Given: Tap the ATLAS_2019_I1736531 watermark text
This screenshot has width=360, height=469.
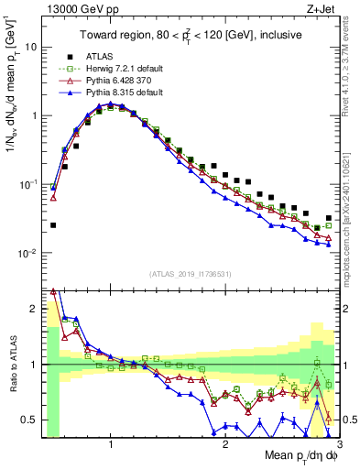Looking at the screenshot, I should (190, 274).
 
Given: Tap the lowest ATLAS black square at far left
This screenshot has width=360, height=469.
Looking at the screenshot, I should (53, 224).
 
